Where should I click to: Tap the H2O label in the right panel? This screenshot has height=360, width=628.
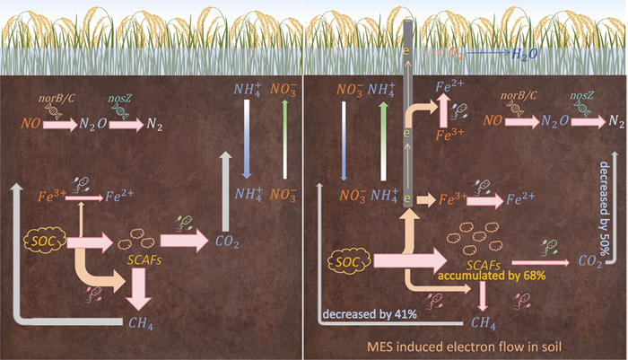(523, 55)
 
